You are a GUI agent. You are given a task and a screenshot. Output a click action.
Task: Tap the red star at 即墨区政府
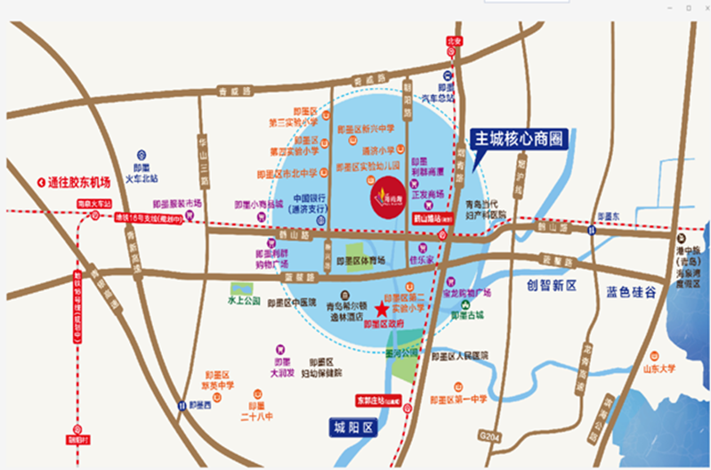pos(382,310)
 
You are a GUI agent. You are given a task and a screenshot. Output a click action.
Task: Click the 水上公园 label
pos(243,302)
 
